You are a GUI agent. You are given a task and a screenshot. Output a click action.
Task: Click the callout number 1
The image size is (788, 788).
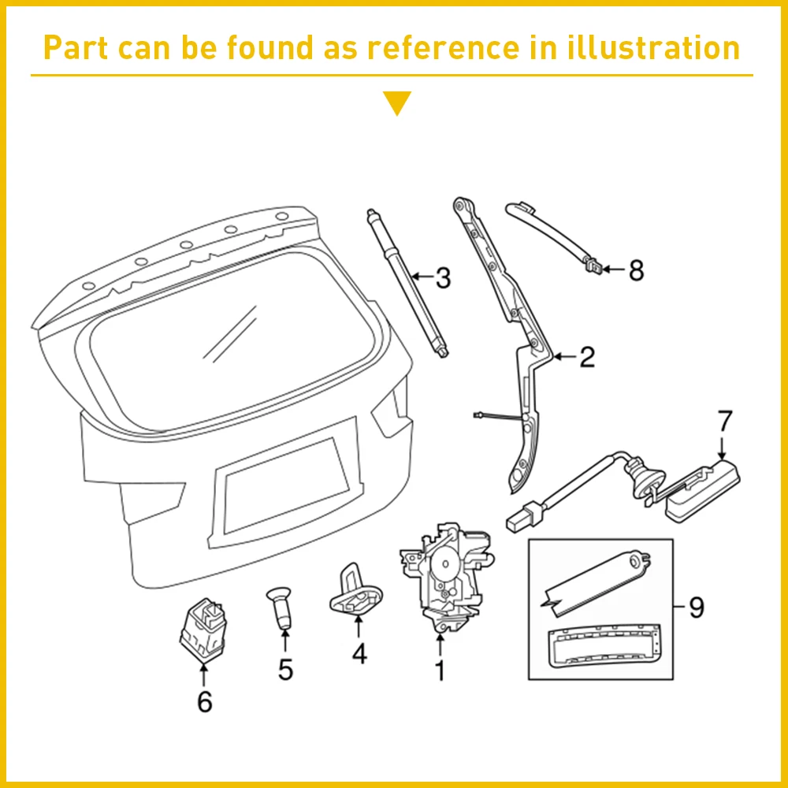pos(440,670)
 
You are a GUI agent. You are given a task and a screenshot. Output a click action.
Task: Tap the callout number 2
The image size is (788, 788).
pos(587,357)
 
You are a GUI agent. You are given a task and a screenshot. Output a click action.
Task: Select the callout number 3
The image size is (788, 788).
pos(443,278)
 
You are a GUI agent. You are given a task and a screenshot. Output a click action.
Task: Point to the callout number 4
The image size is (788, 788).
pos(359,654)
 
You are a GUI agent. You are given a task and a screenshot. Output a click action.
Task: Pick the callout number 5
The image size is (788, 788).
pos(285,669)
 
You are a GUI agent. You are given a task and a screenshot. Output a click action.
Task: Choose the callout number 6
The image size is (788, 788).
pos(205,701)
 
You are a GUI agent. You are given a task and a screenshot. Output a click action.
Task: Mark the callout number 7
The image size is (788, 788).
pos(725,421)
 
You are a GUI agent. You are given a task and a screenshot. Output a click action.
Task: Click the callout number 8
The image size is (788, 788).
pos(636,270)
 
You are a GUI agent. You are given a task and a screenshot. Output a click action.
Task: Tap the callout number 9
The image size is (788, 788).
pos(697,607)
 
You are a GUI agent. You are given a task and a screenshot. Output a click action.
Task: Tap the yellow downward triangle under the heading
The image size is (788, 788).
pos(397,102)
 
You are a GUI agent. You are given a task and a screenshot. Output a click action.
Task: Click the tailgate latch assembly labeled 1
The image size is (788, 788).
pos(446,577)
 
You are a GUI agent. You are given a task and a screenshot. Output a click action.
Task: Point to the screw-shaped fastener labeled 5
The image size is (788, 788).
pos(280,608)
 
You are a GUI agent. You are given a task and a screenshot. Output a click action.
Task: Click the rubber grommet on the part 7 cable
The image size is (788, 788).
pos(643,479)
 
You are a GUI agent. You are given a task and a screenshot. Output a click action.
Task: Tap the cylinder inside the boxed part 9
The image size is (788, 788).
pos(596,582)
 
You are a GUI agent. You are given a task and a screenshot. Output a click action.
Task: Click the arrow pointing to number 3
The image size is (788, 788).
pos(422,277)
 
